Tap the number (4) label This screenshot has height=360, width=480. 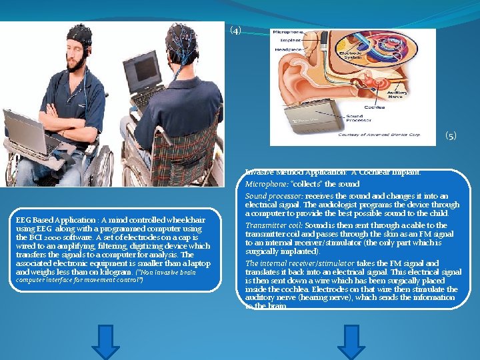235,31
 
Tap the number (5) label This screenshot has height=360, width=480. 451,136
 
